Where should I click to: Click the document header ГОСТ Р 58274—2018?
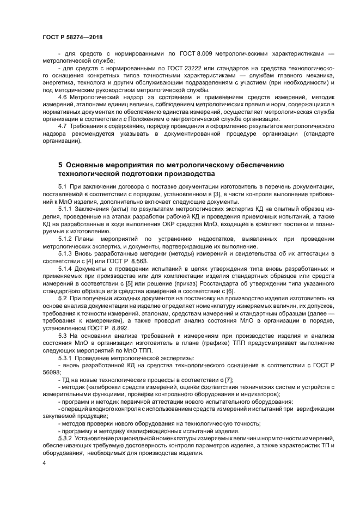[x=73, y=37]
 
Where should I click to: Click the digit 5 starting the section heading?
[x=60, y=165]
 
